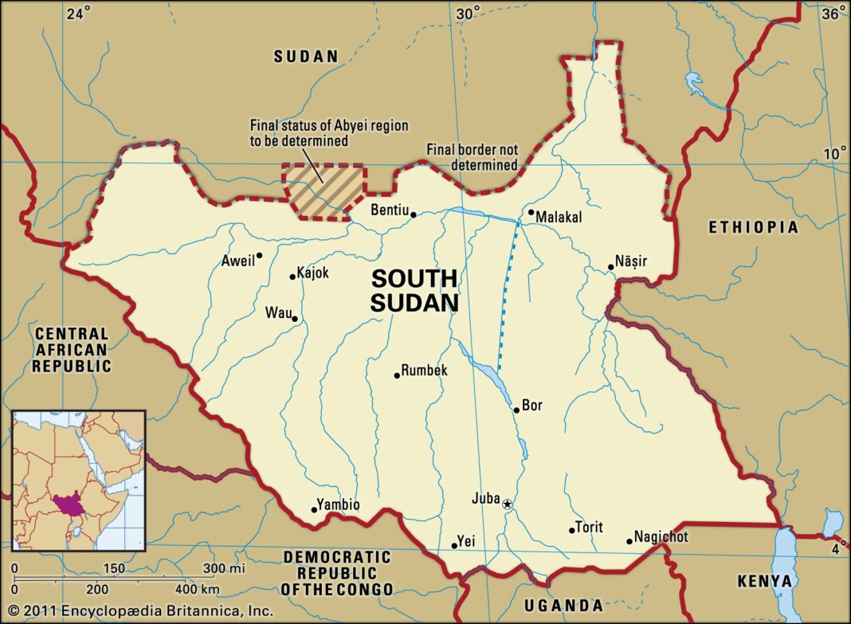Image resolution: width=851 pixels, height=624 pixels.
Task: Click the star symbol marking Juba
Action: point(507,504)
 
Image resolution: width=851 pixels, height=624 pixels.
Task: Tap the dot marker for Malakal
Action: point(531,212)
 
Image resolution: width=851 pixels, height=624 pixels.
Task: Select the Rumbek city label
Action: point(424,371)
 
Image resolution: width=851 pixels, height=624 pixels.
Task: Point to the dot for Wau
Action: point(295,320)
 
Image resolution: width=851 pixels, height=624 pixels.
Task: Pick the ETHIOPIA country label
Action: point(753,228)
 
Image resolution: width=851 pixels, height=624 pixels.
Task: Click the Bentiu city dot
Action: point(414,214)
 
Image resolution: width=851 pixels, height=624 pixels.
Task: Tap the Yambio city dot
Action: point(313,510)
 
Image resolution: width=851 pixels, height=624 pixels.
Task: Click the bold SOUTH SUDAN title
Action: point(414,290)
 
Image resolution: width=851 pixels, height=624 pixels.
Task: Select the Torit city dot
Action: point(571,531)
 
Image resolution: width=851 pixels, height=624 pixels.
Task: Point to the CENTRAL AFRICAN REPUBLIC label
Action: point(72,350)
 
